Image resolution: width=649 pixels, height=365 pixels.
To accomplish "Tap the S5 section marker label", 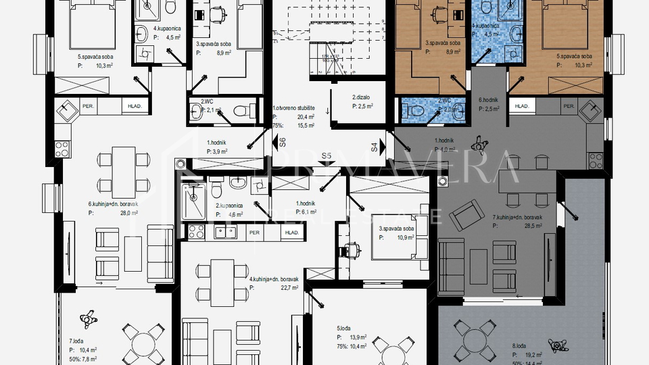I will pyautogui.click(x=327, y=156).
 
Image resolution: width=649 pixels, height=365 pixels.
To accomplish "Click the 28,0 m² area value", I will pyautogui.click(x=128, y=212).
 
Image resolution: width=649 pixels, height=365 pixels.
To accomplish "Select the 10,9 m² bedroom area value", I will pyautogui.click(x=404, y=238).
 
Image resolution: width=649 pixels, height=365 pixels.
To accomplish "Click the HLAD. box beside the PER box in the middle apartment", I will pyautogui.click(x=292, y=233).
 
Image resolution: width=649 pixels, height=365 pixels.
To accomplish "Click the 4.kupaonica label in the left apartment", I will pyautogui.click(x=166, y=29).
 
